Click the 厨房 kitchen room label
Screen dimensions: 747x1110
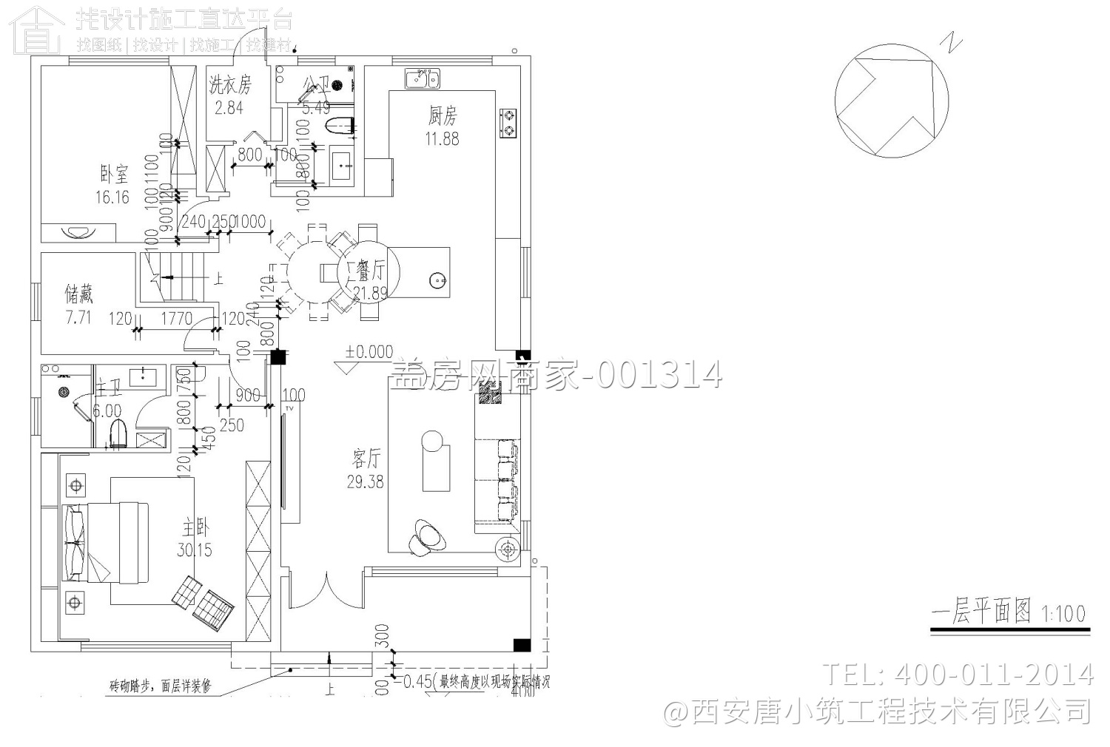point(442,115)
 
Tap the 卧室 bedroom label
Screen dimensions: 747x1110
point(113,175)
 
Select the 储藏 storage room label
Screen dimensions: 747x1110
point(79,295)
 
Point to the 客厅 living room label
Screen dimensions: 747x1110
point(366,460)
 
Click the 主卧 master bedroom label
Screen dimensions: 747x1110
point(195,529)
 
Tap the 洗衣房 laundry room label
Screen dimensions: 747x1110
point(229,85)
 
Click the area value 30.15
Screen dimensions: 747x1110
point(195,550)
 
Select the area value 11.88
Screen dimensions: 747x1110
point(442,138)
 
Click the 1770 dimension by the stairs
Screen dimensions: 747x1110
point(176,320)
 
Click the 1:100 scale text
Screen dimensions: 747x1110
point(1063,613)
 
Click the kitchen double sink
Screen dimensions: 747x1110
point(423,78)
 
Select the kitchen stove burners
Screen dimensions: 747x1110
point(509,123)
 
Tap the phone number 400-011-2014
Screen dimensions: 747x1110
point(995,674)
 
